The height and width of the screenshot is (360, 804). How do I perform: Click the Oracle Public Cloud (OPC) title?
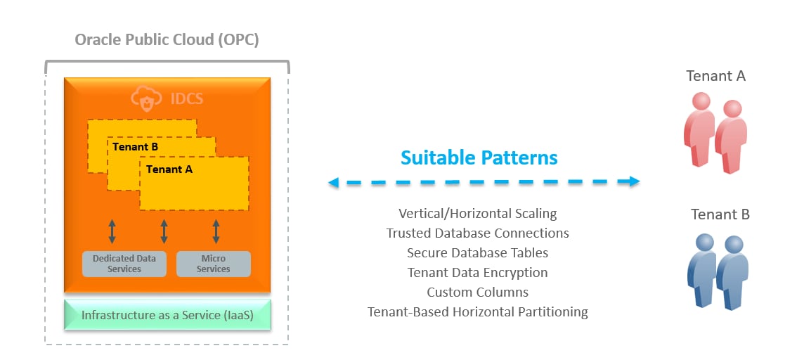point(167,40)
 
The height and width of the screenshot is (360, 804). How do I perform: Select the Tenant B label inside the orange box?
point(136,147)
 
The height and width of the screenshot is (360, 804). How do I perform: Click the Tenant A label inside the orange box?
point(169,169)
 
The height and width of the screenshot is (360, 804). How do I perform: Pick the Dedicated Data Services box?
point(124,264)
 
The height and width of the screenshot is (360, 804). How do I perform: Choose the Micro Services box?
point(213,264)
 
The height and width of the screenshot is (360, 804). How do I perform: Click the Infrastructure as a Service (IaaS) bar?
point(167,315)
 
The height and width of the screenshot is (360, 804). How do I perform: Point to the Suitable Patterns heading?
point(479,157)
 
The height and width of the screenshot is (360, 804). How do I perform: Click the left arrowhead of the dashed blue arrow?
point(333,183)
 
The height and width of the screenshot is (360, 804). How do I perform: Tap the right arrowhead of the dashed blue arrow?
point(635,181)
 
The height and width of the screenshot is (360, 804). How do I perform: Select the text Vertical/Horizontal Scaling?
point(478,213)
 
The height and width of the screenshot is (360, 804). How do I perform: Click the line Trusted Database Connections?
point(478,233)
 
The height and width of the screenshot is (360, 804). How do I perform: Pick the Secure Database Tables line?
point(478,252)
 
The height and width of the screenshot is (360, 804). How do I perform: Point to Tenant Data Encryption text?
point(478,272)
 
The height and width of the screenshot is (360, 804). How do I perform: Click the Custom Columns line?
point(478,292)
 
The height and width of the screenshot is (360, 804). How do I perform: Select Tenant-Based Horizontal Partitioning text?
point(478,311)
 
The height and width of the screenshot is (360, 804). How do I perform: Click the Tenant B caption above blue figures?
point(720,214)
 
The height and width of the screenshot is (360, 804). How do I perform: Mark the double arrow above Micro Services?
point(216,231)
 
